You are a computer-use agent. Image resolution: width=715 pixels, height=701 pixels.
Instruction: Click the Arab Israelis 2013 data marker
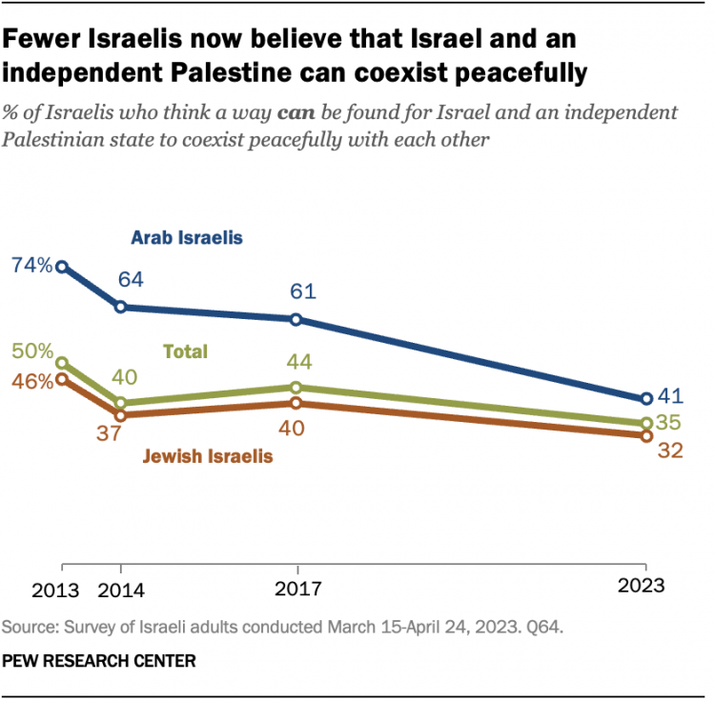click(x=62, y=268)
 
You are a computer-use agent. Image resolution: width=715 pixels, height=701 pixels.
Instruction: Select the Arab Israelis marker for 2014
click(x=121, y=307)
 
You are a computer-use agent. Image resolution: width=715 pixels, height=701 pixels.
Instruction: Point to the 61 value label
click(x=296, y=291)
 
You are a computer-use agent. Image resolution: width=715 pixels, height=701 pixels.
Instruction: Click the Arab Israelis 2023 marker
click(x=645, y=399)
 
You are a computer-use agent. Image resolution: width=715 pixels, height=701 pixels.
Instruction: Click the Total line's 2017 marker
click(x=296, y=387)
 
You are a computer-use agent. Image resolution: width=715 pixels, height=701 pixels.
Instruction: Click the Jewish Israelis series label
click(x=208, y=456)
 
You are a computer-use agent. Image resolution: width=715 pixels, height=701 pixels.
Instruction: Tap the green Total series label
click(x=186, y=351)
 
